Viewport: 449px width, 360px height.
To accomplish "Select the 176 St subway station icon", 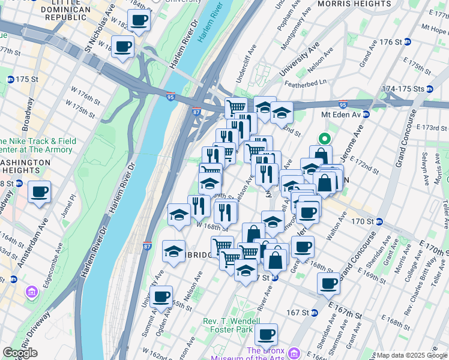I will [407, 41].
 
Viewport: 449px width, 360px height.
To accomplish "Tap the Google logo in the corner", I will [20, 353].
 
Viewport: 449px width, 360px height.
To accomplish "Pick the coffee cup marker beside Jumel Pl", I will [40, 193].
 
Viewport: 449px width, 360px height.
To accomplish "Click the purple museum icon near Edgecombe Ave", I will [31, 293].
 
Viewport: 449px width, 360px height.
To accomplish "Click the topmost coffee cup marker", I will [139, 20].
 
